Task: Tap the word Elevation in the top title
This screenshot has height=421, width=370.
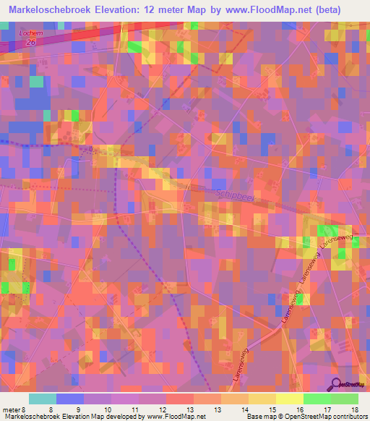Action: click(128, 9)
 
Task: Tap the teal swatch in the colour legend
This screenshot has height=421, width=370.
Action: click(43, 399)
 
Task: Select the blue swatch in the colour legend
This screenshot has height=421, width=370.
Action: click(70, 399)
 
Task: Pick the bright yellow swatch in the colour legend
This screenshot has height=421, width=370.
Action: click(289, 399)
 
